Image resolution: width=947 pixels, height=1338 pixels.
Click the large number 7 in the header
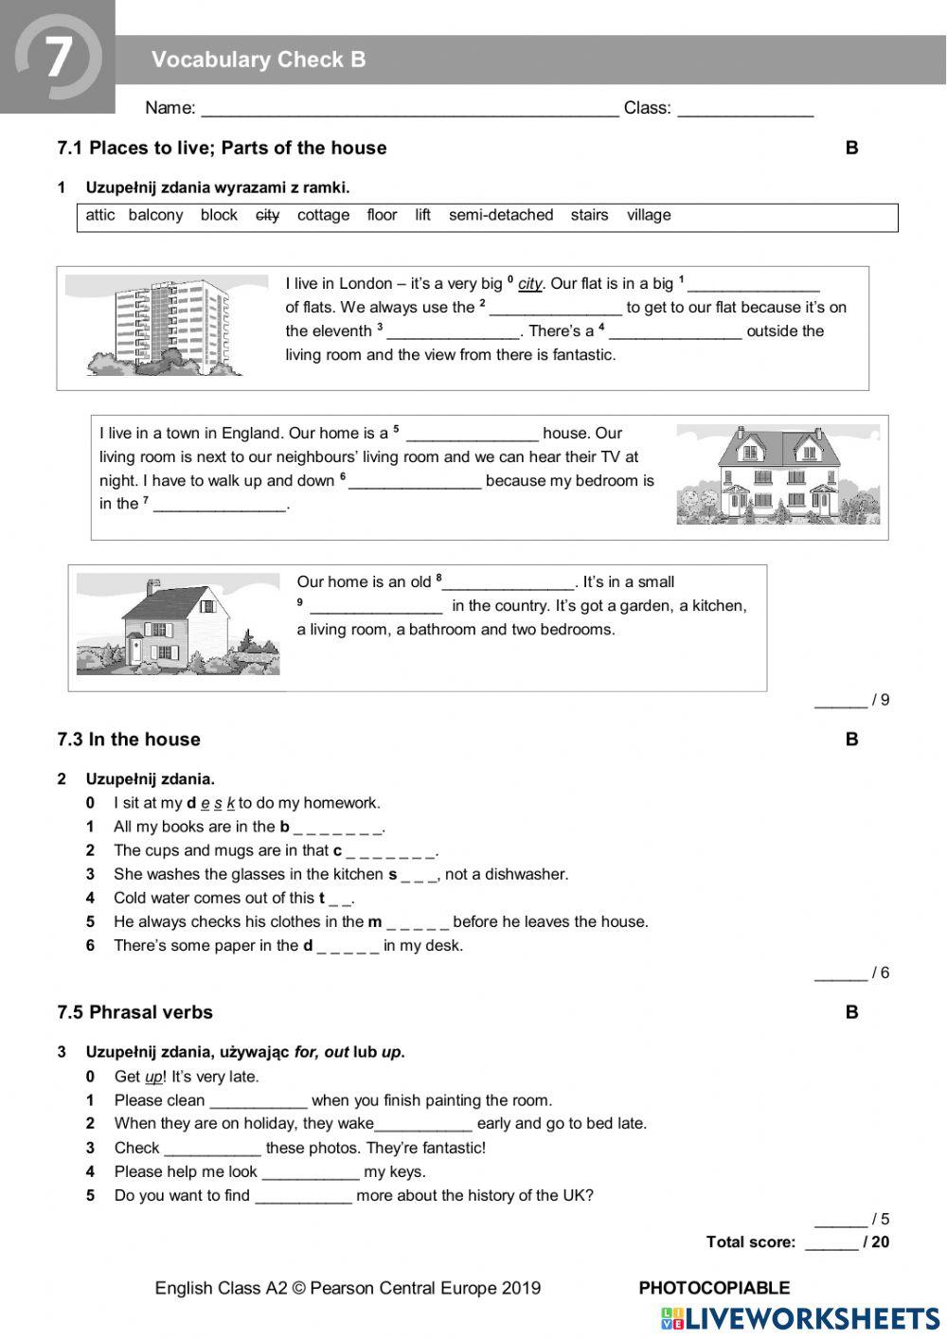(x=58, y=57)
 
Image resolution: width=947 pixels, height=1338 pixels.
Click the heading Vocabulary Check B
(x=259, y=60)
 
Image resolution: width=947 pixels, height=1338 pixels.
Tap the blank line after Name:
(x=409, y=109)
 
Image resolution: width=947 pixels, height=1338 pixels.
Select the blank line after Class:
(x=745, y=109)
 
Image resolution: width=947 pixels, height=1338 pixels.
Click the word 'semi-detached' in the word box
(x=501, y=215)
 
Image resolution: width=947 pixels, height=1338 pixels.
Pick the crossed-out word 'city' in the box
(x=268, y=215)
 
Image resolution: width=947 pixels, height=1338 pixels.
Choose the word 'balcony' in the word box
(x=155, y=215)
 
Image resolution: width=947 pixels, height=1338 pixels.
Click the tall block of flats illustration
(x=167, y=326)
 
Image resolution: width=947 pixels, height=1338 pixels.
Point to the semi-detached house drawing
(x=777, y=474)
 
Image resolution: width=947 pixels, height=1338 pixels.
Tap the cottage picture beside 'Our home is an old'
(x=178, y=624)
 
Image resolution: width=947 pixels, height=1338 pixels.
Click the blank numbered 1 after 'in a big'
(x=753, y=285)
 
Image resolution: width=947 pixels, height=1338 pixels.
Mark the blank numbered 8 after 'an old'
(x=509, y=583)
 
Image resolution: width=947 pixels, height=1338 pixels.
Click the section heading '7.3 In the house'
(x=129, y=740)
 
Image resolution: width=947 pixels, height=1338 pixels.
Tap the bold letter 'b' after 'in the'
(x=284, y=827)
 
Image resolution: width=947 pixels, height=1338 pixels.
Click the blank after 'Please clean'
(x=259, y=1101)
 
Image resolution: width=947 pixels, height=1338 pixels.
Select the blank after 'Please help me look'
(x=311, y=1172)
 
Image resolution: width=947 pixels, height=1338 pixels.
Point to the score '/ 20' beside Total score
(x=876, y=1242)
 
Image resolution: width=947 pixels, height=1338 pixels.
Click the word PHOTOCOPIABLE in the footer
(x=714, y=1288)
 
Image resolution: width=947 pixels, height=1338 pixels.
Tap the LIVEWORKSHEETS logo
(x=800, y=1319)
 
